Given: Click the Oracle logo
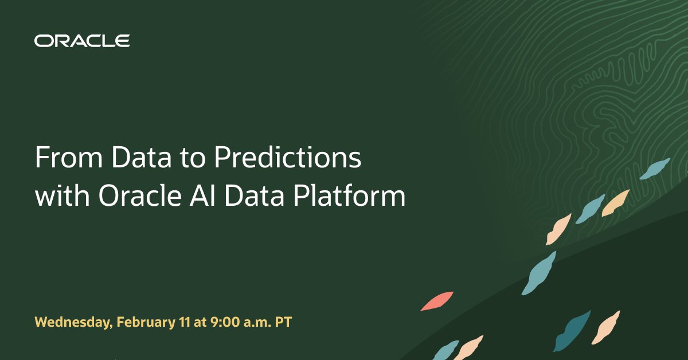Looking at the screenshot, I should click(82, 41).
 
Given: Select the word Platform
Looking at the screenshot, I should click(350, 197).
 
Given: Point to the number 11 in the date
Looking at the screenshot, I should click(182, 322).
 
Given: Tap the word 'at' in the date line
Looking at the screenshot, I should click(199, 322).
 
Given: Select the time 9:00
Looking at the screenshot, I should click(225, 322).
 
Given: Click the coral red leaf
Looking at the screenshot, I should click(437, 301).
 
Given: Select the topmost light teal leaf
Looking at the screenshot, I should click(655, 169).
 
